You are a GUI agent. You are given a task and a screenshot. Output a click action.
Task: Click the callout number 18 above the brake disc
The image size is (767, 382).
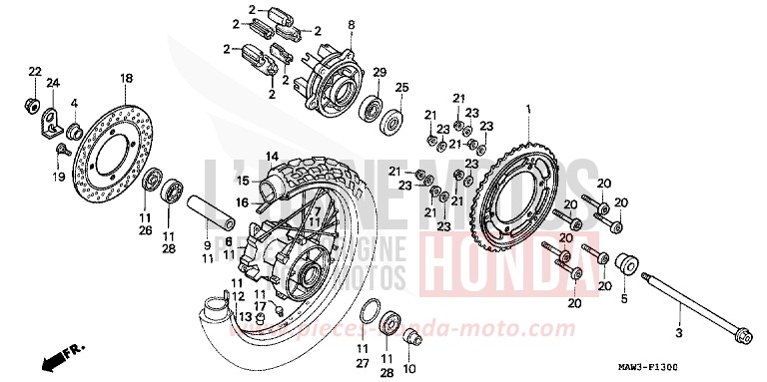point(127,78)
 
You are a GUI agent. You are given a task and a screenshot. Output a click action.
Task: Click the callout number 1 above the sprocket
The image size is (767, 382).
point(529,109)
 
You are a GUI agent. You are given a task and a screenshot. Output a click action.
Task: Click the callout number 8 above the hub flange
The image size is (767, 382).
point(351,24)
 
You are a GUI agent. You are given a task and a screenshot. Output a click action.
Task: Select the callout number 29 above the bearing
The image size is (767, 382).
point(379,73)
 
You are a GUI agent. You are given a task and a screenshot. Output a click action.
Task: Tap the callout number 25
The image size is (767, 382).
point(401,88)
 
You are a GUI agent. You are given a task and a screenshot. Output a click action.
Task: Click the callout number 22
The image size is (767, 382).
point(33,71)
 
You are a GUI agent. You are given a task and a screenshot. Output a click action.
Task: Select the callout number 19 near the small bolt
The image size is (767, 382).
point(58,176)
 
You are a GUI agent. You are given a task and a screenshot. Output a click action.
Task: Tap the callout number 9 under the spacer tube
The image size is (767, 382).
point(208,244)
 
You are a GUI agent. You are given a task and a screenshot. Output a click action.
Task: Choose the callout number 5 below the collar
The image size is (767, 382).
point(623,297)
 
